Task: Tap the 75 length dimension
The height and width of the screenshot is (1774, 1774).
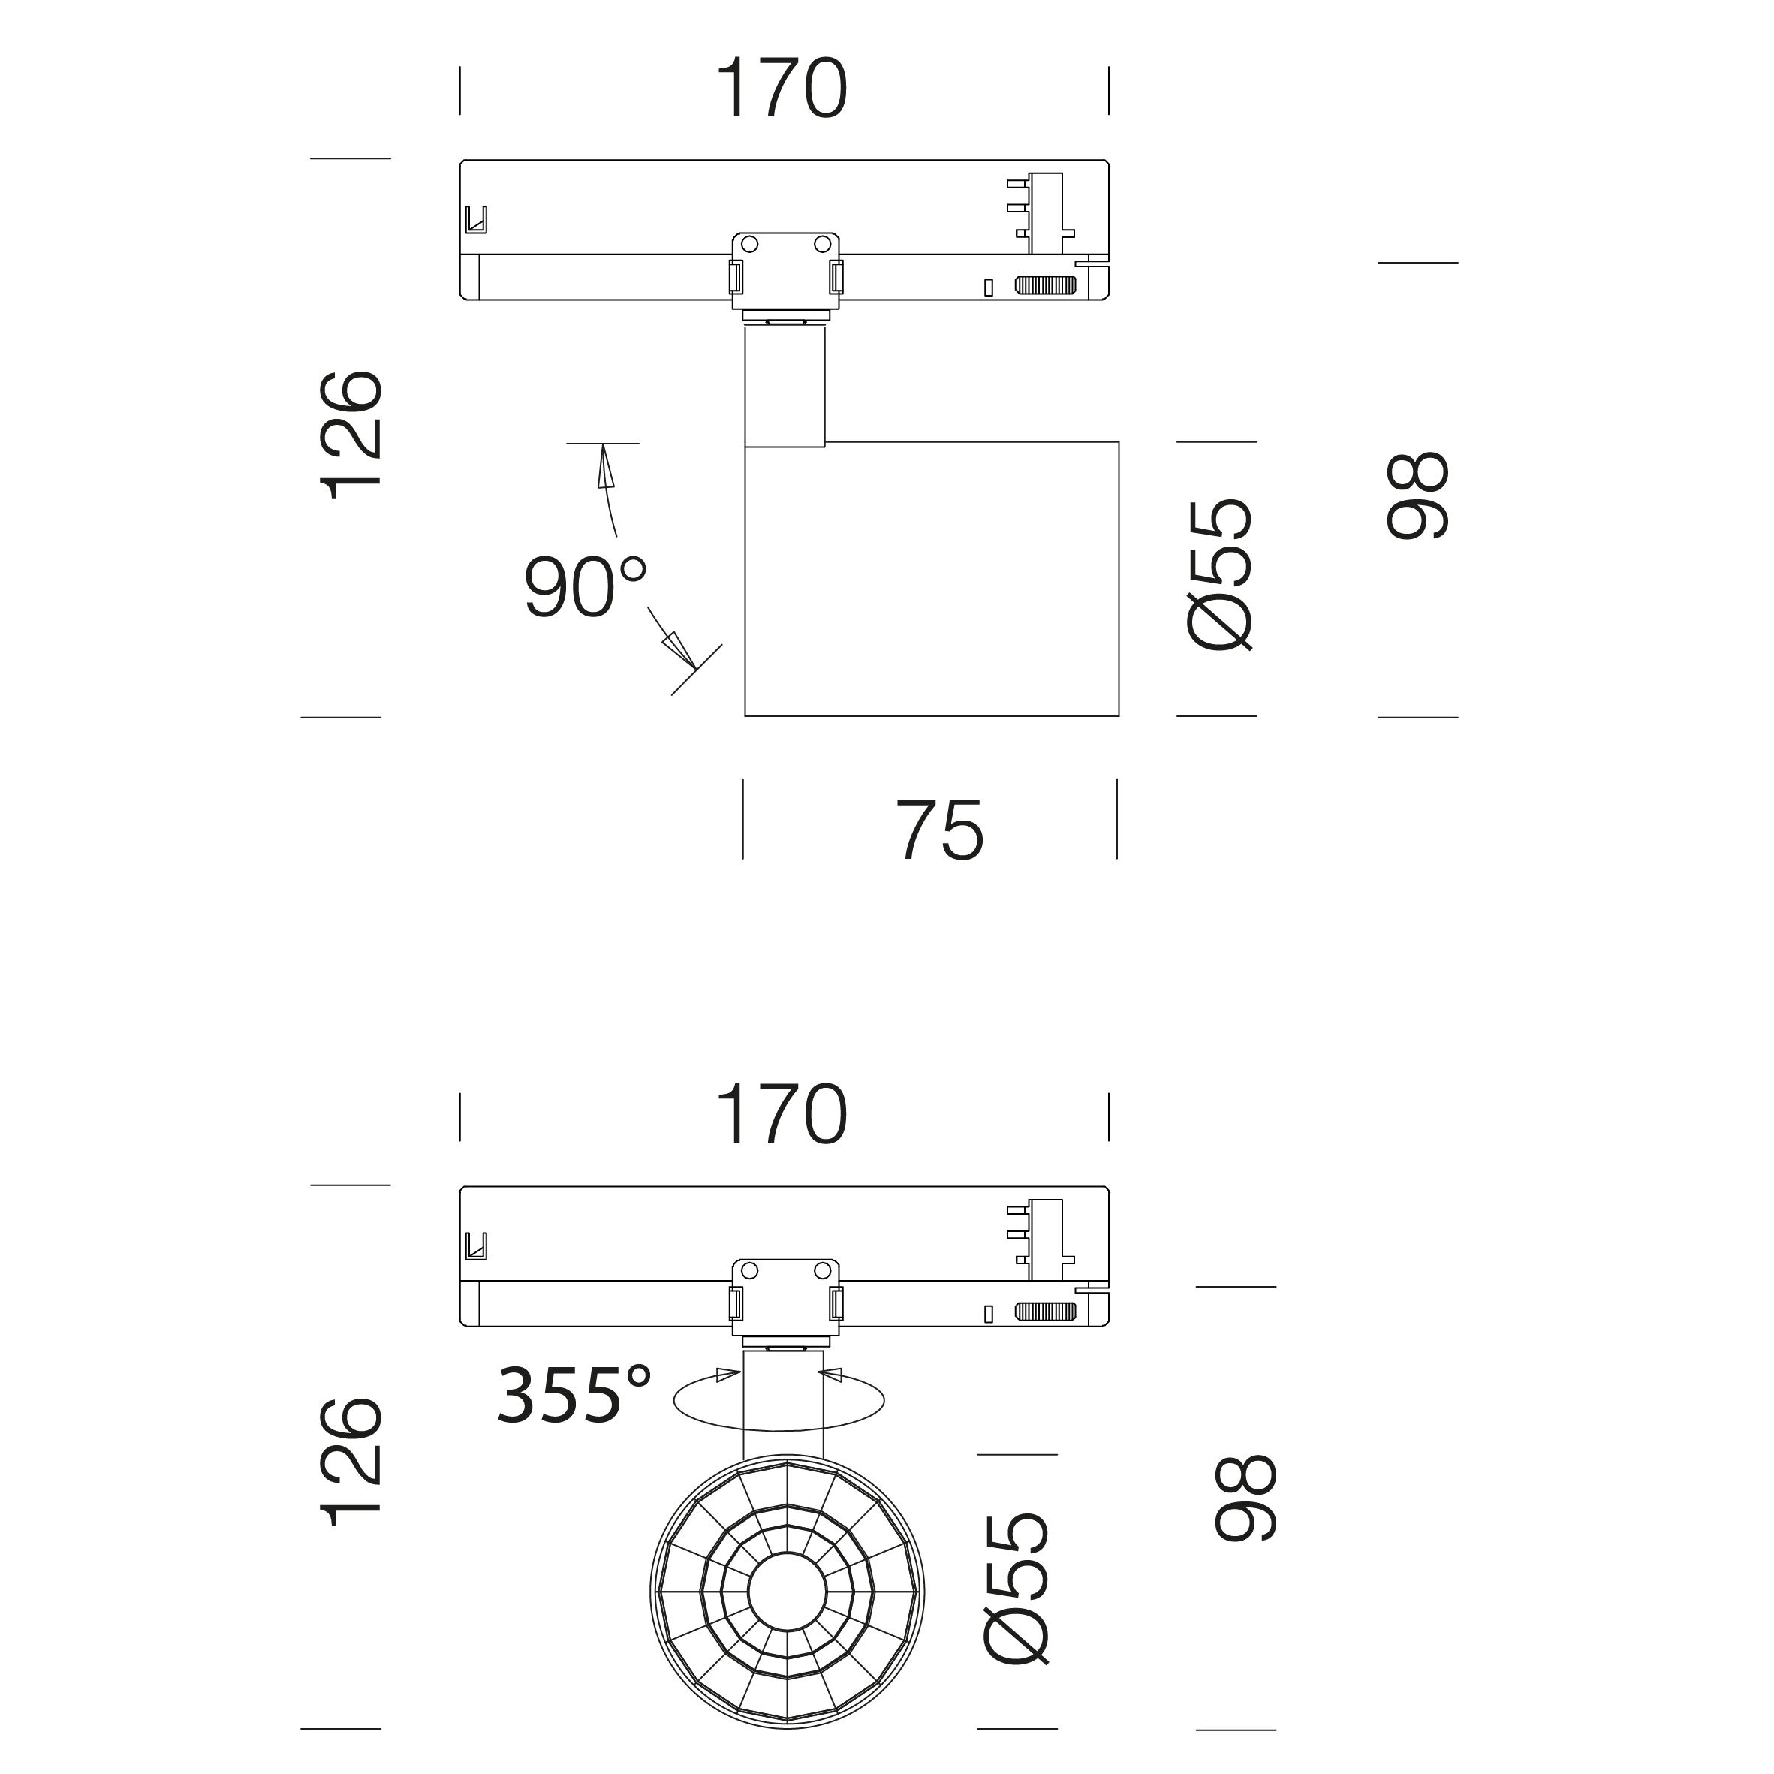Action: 939,830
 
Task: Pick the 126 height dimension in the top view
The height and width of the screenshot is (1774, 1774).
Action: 351,435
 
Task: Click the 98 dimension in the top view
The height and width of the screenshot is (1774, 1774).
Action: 1417,495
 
